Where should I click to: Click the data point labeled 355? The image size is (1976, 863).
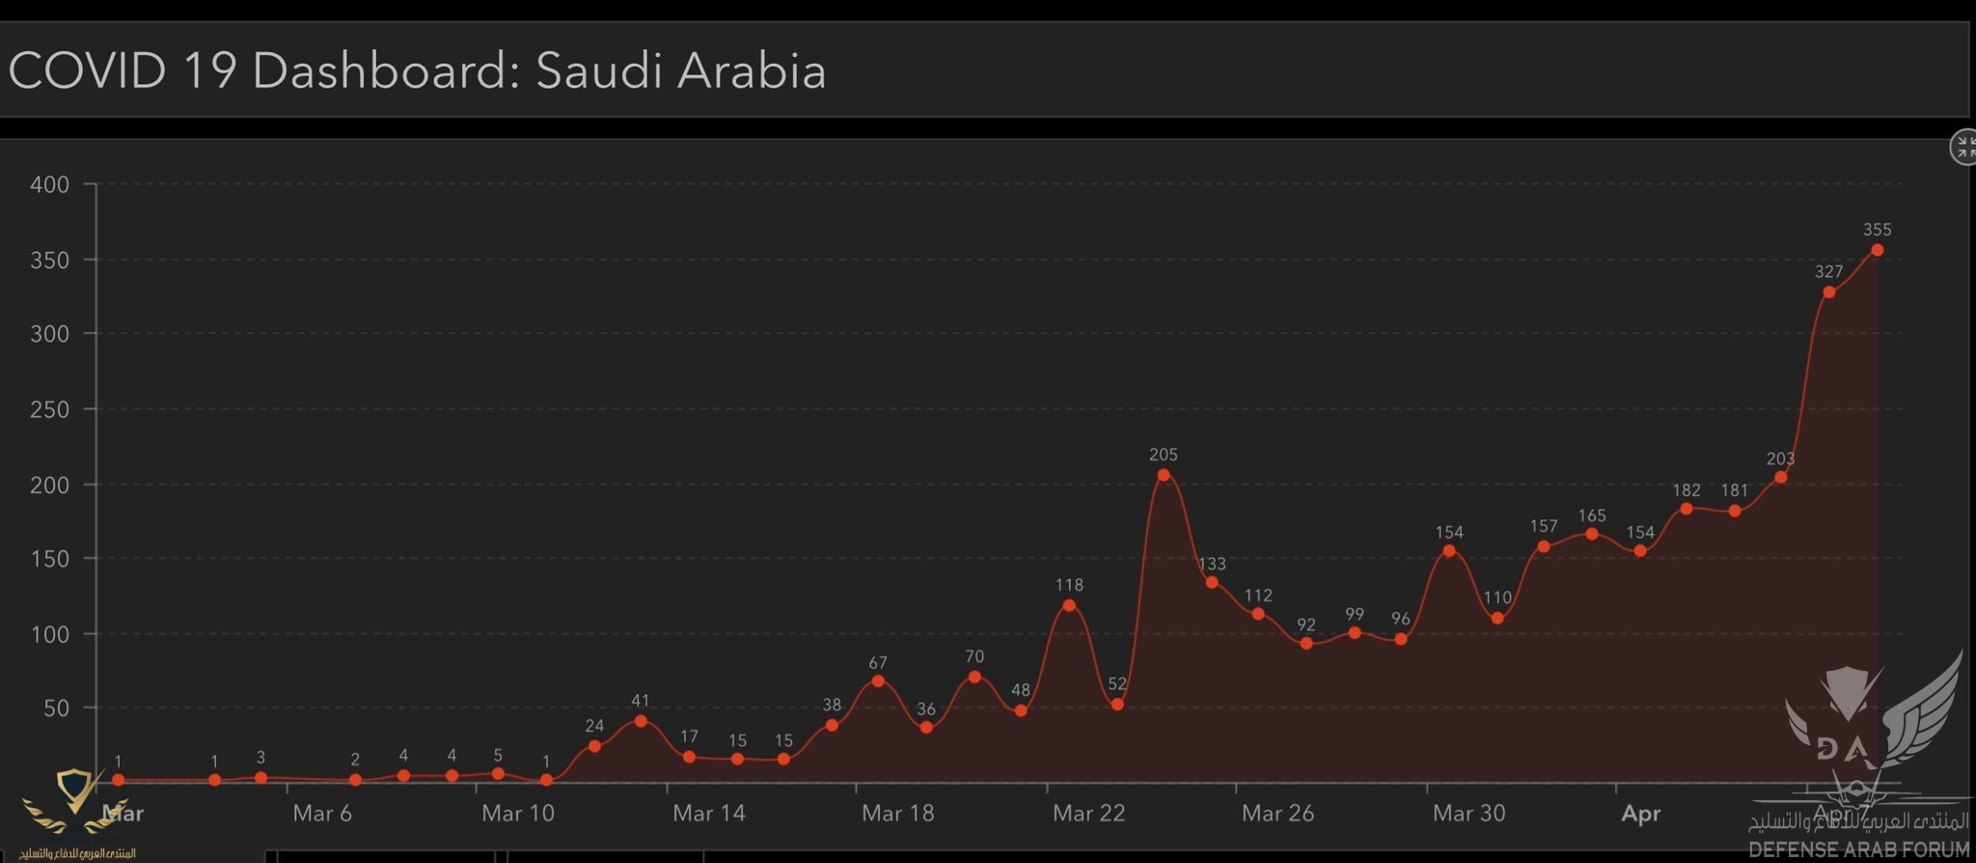tap(1877, 250)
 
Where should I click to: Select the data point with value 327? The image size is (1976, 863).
tap(1828, 292)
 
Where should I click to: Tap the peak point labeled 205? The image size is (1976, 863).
tap(1164, 475)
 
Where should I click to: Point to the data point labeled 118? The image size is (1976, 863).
tap(1069, 605)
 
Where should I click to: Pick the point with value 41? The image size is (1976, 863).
tap(641, 721)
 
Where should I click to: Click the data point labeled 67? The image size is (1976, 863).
tap(878, 682)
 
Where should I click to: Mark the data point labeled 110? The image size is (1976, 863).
tap(1497, 618)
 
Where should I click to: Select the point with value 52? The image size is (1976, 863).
tap(1117, 705)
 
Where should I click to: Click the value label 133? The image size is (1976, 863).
tap(1212, 564)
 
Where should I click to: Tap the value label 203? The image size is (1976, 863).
tap(1780, 459)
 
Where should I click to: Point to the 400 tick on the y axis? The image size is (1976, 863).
tap(50, 184)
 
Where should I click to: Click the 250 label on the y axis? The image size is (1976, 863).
tap(50, 409)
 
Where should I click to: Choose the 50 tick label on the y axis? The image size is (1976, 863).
tap(57, 709)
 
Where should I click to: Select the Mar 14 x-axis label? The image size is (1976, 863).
tap(709, 813)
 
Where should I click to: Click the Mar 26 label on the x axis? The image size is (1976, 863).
tap(1277, 813)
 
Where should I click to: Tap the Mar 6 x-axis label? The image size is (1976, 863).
tap(322, 813)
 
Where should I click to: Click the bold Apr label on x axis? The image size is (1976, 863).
tap(1640, 813)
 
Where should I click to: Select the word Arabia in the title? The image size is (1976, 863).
tap(752, 70)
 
